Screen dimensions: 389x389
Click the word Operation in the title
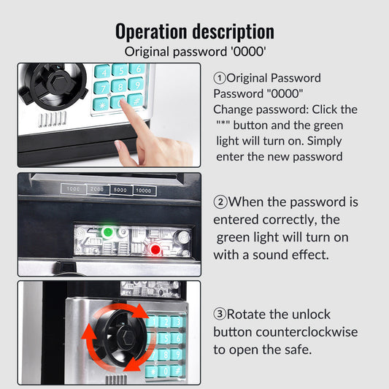coord(151,31)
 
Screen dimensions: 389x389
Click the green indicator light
coord(108,233)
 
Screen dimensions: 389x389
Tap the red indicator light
coord(155,250)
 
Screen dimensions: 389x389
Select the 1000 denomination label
coord(73,189)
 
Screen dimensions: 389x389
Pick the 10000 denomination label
coord(144,190)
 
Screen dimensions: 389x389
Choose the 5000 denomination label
coord(120,190)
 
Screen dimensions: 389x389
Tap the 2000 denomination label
coord(97,190)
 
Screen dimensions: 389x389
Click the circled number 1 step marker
coord(220,78)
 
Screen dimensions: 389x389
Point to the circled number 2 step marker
coord(220,202)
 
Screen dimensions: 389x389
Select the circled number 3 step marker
coord(220,314)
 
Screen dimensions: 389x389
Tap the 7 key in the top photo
coord(101,88)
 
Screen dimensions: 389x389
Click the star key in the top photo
coord(101,104)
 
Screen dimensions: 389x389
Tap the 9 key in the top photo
coord(136,85)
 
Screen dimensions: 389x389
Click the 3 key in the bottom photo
coord(178,322)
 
